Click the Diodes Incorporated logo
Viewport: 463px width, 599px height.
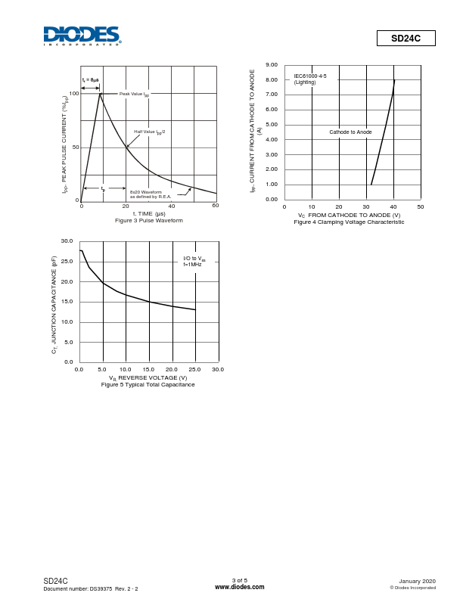point(82,36)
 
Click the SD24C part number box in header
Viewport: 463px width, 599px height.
point(406,38)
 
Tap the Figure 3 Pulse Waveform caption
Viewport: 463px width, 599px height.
point(149,220)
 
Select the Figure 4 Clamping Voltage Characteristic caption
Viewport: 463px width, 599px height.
point(349,222)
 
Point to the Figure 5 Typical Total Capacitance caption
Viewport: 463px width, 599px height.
point(148,384)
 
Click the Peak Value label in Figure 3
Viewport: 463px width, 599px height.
point(134,94)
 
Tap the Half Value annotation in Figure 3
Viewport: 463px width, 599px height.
point(150,132)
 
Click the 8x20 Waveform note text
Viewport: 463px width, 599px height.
point(151,194)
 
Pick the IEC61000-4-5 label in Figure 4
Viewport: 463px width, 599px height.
point(310,76)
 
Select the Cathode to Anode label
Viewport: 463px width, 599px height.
point(350,132)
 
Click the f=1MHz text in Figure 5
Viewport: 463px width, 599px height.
point(193,264)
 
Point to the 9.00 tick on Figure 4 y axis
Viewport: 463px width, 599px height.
point(272,65)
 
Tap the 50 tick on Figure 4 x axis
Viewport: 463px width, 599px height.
point(421,206)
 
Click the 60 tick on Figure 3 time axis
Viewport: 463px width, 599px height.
point(216,206)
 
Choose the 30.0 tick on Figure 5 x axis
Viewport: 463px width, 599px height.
point(218,369)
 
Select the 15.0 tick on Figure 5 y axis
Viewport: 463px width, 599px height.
point(67,302)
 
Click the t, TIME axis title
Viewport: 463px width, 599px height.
point(149,213)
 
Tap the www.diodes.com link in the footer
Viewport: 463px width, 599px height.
point(240,587)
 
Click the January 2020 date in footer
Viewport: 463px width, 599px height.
point(417,581)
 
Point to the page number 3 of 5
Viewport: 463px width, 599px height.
point(240,580)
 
